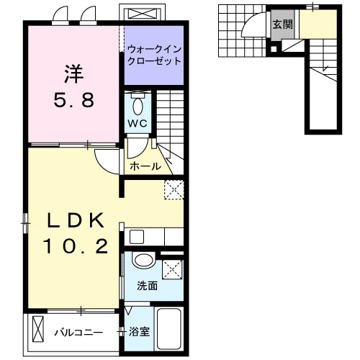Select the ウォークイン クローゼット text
[153, 55]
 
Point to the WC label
[138, 123]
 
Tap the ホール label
[145, 166]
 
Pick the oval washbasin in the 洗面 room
[143, 263]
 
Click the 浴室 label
[139, 332]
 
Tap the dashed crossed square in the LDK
[174, 188]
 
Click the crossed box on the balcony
[37, 332]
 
